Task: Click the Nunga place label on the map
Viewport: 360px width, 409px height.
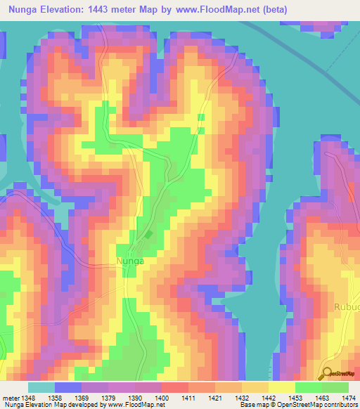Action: coord(129,261)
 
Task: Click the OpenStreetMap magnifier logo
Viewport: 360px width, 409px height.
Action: coord(328,375)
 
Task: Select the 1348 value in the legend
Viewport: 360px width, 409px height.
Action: coord(27,397)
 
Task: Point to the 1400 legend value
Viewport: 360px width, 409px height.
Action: coord(161,397)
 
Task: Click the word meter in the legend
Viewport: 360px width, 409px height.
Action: coord(10,397)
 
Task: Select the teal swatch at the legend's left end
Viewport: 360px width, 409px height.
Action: coord(41,387)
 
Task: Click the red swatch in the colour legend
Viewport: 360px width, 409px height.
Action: coord(175,387)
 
